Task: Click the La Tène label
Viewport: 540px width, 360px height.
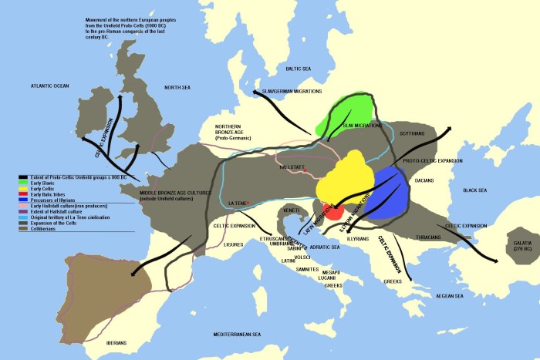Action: point(238,204)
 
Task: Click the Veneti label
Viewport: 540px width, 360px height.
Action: point(292,210)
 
